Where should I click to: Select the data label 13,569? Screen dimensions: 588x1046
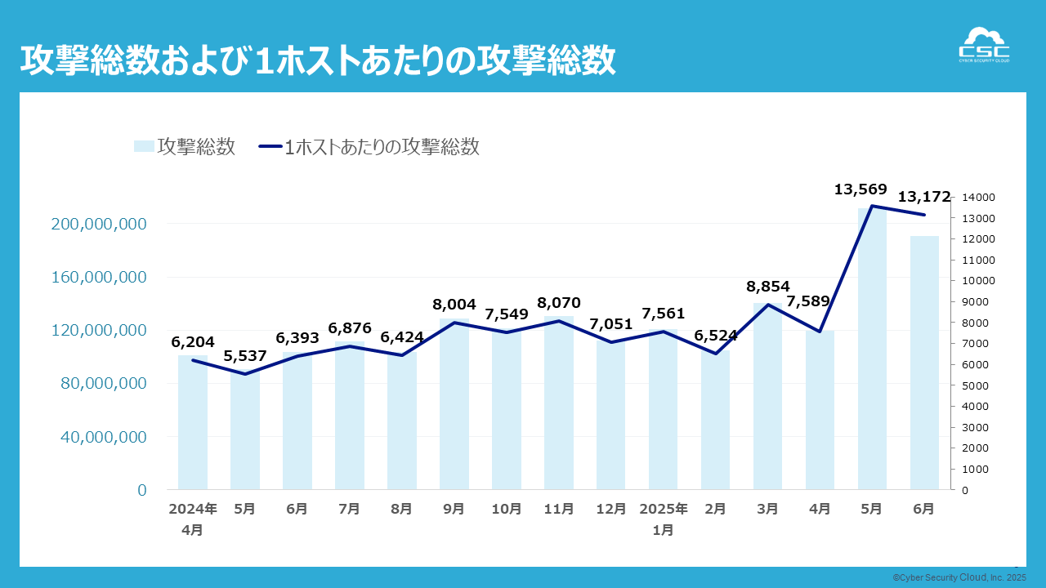coord(860,189)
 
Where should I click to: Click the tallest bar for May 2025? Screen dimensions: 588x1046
coord(872,351)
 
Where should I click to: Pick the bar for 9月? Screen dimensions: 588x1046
coord(454,408)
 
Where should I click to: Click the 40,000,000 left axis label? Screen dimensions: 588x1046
coord(104,437)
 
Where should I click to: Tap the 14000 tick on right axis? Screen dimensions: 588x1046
coord(979,198)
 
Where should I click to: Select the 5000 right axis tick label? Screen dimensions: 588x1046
coord(977,385)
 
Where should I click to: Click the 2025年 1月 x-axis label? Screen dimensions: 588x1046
coord(664,519)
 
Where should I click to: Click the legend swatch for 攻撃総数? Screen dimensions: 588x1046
coord(144,146)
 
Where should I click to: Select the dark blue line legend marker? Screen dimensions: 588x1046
coord(270,146)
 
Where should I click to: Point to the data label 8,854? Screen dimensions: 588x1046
coord(768,287)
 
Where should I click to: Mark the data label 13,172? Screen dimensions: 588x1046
coord(924,197)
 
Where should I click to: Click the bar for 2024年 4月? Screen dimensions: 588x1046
coord(193,425)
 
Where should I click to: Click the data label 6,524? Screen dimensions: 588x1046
coord(716,336)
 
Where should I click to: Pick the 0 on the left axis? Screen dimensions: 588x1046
coord(142,490)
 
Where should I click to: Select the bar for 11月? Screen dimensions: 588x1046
coord(558,404)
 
